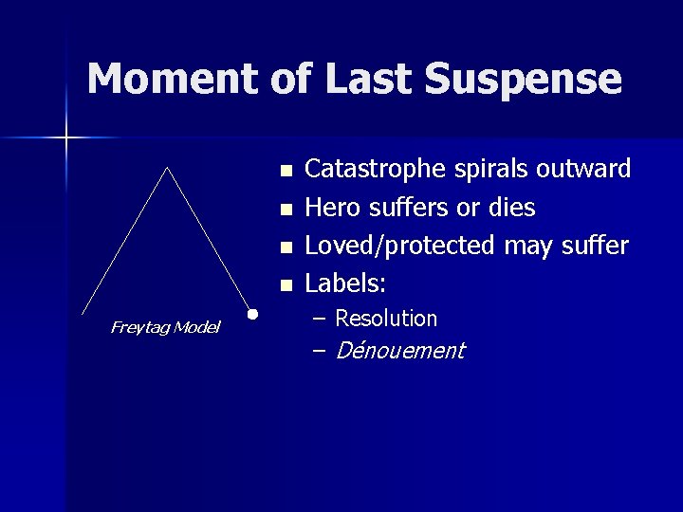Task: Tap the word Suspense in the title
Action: click(x=524, y=80)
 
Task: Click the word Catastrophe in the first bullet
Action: click(x=369, y=170)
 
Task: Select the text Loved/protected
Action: click(x=399, y=246)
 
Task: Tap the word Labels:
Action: click(x=346, y=283)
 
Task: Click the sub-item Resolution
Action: click(x=386, y=319)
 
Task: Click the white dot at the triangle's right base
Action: click(x=253, y=313)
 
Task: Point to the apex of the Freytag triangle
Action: click(x=168, y=168)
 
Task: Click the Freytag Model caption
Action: click(x=165, y=327)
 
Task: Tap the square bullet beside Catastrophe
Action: click(x=286, y=172)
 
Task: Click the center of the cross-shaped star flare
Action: click(x=67, y=138)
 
